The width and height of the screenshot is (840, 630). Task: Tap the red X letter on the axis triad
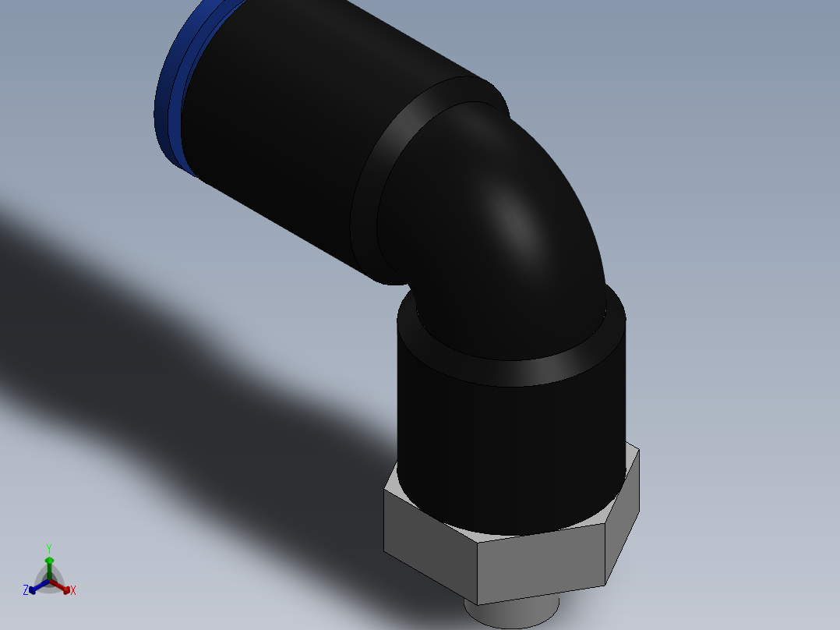click(73, 591)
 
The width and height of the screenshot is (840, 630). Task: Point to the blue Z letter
click(26, 590)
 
